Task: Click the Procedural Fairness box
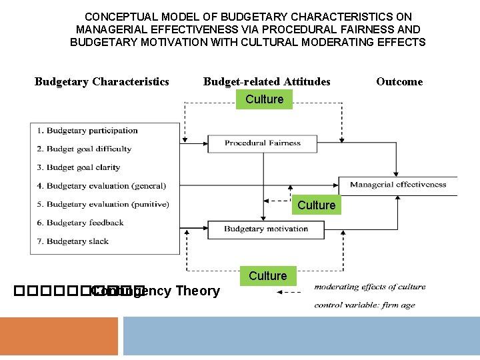(263, 143)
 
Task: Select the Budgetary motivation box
(265, 229)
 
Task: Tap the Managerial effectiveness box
(398, 185)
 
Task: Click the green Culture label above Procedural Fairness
(265, 99)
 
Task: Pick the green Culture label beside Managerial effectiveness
(316, 205)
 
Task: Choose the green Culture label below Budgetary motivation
(267, 276)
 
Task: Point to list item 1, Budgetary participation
(87, 131)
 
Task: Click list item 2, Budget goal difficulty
(84, 149)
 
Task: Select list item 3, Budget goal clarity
(79, 167)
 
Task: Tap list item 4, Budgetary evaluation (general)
(101, 186)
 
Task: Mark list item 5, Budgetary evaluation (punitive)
(103, 205)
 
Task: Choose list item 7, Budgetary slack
(73, 241)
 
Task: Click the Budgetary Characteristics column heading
(102, 82)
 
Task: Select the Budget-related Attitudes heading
(267, 82)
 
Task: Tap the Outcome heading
(399, 82)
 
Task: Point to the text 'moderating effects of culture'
(370, 287)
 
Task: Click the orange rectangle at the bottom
(59, 337)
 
